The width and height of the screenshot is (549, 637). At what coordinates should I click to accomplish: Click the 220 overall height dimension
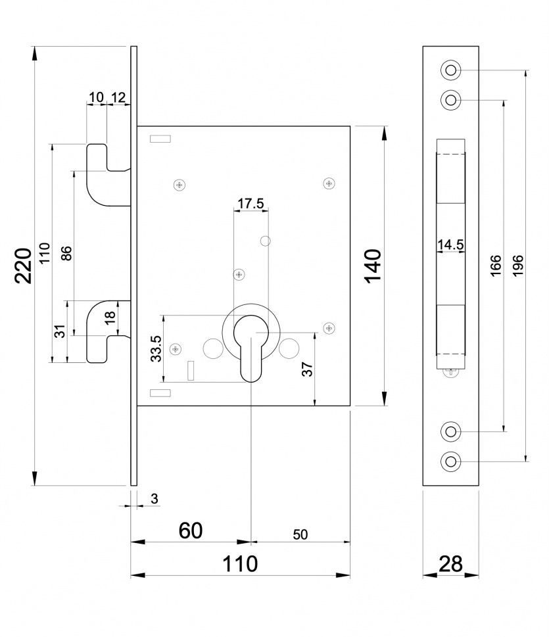[23, 266]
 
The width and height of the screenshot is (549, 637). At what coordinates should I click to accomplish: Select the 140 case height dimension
[373, 266]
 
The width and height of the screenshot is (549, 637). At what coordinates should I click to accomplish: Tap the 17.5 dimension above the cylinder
[251, 203]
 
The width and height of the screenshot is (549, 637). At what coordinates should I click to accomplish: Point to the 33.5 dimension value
[156, 348]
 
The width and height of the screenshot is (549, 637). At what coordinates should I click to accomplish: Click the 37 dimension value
[308, 369]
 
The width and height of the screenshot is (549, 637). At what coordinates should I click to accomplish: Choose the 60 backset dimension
[191, 531]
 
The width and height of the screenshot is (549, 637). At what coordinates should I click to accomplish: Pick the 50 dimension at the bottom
[300, 534]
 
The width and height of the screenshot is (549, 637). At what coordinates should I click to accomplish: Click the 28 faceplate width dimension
[450, 564]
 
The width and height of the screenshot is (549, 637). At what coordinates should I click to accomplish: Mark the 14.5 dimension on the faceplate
[450, 245]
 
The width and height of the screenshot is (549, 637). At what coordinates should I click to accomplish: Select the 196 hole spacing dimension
[518, 266]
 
